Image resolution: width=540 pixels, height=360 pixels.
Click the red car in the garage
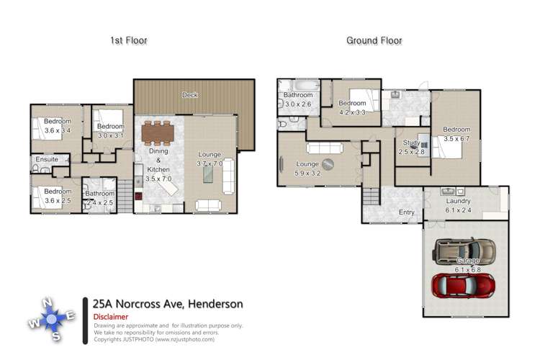point(462,284)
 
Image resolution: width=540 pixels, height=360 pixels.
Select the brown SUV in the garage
point(464,250)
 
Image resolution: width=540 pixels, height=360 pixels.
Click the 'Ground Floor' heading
point(374,41)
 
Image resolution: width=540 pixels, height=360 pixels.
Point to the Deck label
point(190,95)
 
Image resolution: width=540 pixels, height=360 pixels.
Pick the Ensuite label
point(43,159)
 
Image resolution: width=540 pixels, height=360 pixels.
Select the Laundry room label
point(458,201)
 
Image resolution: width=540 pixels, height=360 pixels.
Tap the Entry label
point(407,212)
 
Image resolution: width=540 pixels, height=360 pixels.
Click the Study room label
point(410,143)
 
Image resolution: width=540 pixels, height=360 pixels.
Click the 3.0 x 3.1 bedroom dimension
point(111,135)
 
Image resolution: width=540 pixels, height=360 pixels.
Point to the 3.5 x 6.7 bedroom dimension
point(456,138)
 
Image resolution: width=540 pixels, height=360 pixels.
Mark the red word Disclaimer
point(111,317)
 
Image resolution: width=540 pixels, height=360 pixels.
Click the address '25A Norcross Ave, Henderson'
point(168,304)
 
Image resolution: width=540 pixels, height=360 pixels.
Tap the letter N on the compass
point(46,302)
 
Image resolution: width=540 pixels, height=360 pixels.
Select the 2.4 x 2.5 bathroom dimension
point(100,203)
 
